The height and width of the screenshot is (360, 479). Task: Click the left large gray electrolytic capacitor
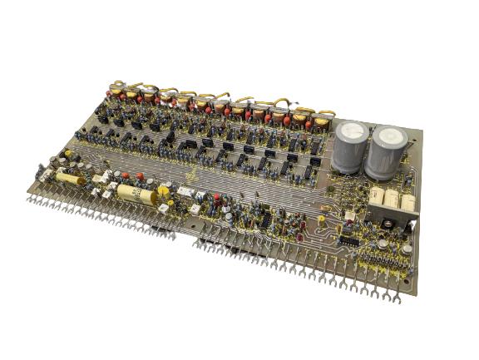[x=349, y=147]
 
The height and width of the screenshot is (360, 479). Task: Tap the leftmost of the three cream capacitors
[x=377, y=197]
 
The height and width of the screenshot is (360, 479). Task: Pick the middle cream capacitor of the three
[x=393, y=200]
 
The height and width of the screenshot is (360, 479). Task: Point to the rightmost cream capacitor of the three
[x=408, y=203]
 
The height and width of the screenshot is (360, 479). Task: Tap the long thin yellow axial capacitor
[x=70, y=180]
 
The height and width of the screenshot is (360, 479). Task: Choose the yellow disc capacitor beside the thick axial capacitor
[x=164, y=193]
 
